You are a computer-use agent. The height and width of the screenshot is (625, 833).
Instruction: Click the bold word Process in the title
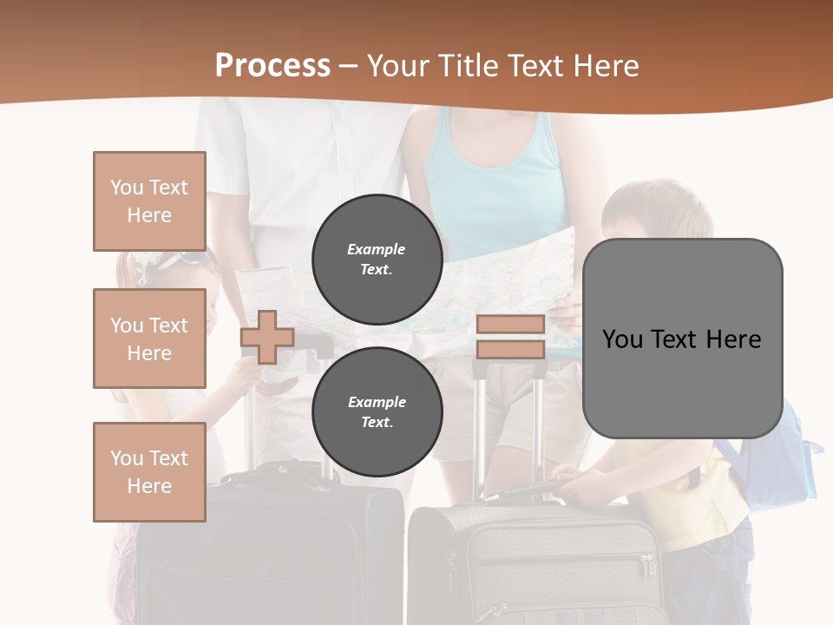point(272,66)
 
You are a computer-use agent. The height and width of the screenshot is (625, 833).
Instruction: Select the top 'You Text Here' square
point(149,201)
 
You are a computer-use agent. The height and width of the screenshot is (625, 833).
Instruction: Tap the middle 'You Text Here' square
point(149,339)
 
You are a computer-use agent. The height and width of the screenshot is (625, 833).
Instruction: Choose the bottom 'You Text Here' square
point(149,472)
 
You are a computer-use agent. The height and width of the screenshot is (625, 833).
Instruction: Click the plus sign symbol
point(266,337)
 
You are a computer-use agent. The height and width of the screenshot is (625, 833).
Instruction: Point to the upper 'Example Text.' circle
point(377,259)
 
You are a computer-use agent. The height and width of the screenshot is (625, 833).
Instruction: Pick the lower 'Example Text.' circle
point(377,411)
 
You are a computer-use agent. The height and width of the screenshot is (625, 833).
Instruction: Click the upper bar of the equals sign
point(510,324)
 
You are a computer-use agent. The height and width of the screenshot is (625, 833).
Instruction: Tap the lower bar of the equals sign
point(510,350)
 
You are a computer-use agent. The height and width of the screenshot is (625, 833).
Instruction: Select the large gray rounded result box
point(682,339)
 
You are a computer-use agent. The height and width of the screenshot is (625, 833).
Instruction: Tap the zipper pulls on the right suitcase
point(647,565)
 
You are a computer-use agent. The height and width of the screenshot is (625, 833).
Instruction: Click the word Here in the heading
point(603,66)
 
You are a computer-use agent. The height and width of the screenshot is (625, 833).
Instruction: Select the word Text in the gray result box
point(676,339)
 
